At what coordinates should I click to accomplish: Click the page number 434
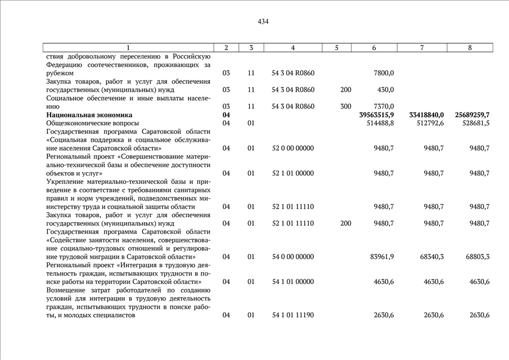(263, 22)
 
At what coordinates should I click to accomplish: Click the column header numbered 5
(336, 48)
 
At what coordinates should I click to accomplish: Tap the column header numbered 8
(470, 48)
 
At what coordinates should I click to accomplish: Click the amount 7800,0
(384, 73)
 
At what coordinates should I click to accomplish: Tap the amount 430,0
(385, 90)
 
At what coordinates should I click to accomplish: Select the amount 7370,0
(384, 106)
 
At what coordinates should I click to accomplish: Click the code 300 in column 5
(346, 106)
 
